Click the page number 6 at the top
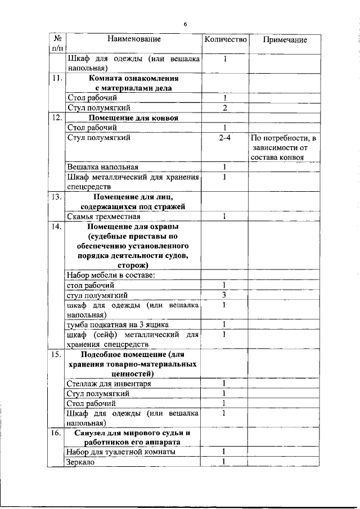pyautogui.click(x=184, y=24)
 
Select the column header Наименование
pyautogui.click(x=134, y=39)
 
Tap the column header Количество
pyautogui.click(x=225, y=39)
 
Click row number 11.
pyautogui.click(x=56, y=79)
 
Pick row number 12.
pyautogui.click(x=56, y=118)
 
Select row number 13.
pyautogui.click(x=56, y=197)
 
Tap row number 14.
pyautogui.click(x=56, y=227)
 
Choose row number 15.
pyautogui.click(x=56, y=355)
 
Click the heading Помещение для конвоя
pyautogui.click(x=134, y=118)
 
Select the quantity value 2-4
pyautogui.click(x=225, y=137)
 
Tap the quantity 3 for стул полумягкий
pyautogui.click(x=224, y=295)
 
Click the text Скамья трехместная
pyautogui.click(x=100, y=217)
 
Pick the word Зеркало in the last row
pyautogui.click(x=81, y=462)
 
